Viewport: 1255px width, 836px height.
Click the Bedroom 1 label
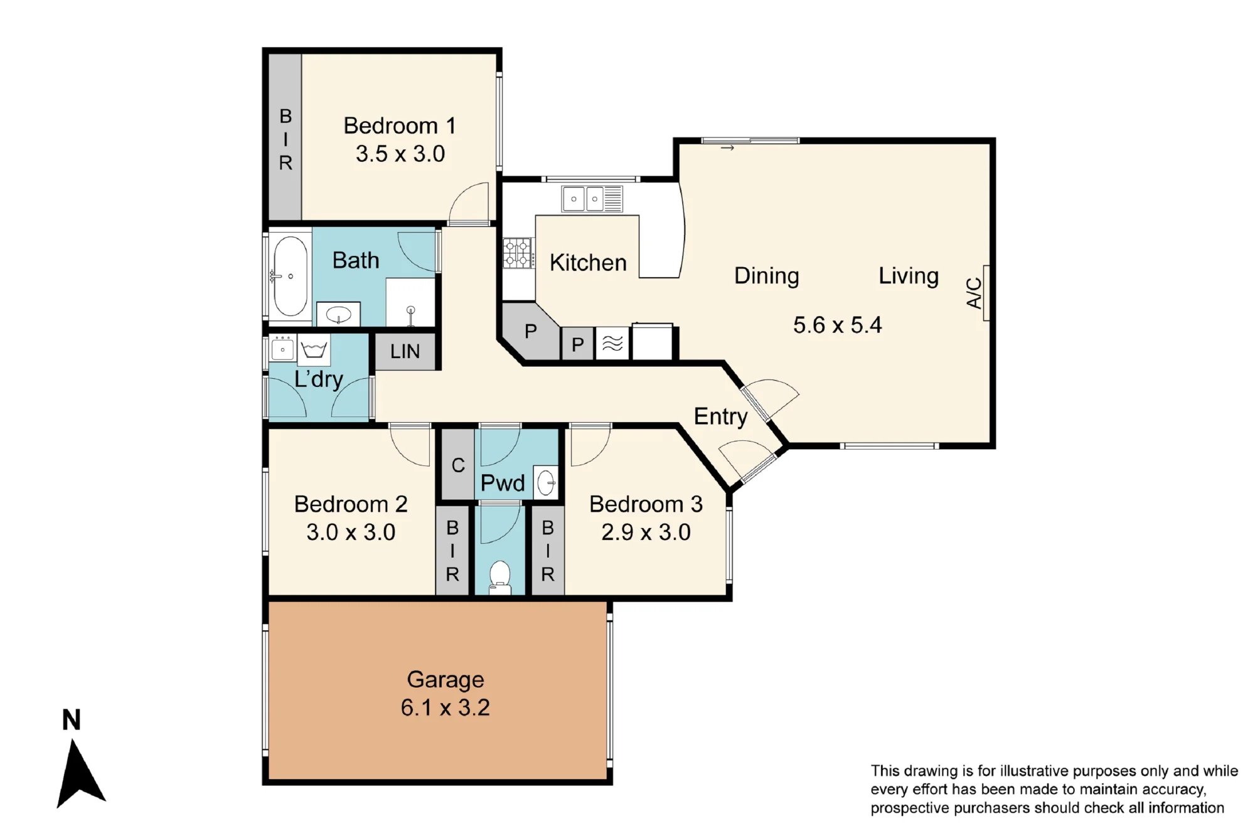pos(400,125)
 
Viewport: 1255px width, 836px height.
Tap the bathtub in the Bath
pos(290,276)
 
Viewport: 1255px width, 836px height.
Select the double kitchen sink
pos(592,199)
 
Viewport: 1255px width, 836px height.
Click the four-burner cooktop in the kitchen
pos(518,253)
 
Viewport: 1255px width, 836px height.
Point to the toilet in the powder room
pos(499,578)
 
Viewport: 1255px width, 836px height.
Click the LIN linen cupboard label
pos(405,351)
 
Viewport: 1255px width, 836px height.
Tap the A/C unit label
pos(973,293)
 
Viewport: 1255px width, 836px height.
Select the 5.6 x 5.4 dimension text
pos(837,325)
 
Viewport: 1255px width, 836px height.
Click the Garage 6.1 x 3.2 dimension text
pos(446,707)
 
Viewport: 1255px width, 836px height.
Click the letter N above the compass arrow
pos(72,720)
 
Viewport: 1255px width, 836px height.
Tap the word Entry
pos(720,416)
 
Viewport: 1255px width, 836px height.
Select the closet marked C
pos(458,464)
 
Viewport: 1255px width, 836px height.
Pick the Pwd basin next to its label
pos(546,482)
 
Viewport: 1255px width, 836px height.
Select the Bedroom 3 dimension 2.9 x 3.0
pos(646,532)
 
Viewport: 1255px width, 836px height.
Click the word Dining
pos(766,276)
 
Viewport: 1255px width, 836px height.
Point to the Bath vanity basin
pos(338,314)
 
